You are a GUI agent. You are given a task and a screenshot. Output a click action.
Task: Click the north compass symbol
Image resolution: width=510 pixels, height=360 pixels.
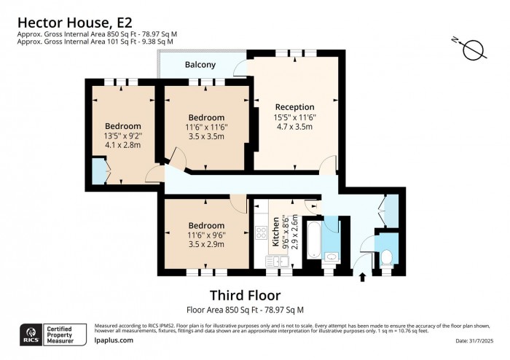[473, 50]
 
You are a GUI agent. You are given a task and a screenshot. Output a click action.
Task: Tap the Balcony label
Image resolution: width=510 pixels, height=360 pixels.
[200, 65]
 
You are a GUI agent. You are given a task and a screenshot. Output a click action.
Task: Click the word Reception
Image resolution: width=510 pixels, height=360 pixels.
[294, 107]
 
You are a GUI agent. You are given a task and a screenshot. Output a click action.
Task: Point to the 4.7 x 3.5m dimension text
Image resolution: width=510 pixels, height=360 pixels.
[294, 126]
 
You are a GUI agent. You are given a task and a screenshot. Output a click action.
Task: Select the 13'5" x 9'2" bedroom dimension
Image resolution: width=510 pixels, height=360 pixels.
[122, 135]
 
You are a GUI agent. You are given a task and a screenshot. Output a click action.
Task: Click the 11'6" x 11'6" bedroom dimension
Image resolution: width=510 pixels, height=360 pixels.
[206, 127]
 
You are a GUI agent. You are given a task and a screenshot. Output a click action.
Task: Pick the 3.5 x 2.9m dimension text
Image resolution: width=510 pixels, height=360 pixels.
[206, 244]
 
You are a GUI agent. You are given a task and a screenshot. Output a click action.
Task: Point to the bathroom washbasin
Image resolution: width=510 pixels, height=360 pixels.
[330, 257]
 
